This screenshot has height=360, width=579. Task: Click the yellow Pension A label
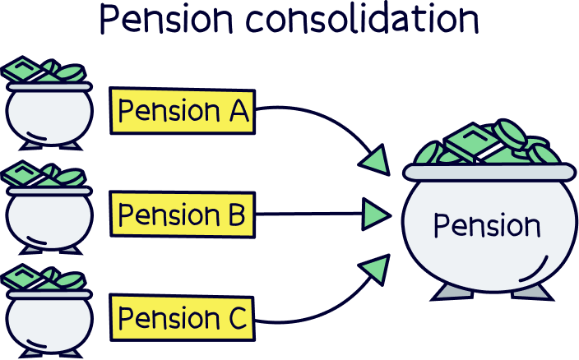coord(183,111)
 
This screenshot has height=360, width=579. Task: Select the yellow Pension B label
coord(182,215)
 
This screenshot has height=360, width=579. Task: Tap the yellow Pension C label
coord(183,318)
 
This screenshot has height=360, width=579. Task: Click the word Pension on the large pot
coord(487,225)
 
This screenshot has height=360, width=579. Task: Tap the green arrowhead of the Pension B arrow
coord(376,215)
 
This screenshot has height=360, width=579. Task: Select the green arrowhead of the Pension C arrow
coord(375,269)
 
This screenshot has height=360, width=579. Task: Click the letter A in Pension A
coord(237,111)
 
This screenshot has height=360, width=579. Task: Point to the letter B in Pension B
coord(234,215)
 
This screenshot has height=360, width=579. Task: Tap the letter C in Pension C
coord(236,318)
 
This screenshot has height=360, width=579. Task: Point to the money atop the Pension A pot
coord(45,72)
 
